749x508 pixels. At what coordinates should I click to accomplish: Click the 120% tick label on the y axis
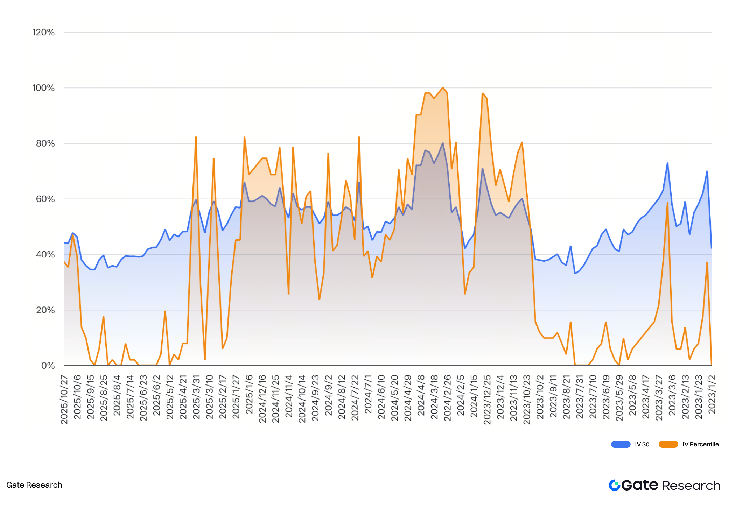point(43,33)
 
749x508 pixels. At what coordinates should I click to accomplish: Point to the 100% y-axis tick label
point(43,88)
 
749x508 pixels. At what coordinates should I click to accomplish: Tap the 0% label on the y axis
point(48,366)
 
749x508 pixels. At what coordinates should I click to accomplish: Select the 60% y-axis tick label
point(45,199)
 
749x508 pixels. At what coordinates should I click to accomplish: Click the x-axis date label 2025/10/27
point(64,399)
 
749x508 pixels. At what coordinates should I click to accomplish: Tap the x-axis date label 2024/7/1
point(368,394)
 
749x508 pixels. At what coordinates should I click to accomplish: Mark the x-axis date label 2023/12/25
point(487,399)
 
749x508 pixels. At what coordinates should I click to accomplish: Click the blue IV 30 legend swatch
point(621,444)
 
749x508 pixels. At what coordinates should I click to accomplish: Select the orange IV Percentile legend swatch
point(668,444)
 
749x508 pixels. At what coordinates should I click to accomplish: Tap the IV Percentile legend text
point(700,444)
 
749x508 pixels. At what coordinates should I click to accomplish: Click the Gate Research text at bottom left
point(34,485)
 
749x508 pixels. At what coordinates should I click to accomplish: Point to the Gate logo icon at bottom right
point(614,485)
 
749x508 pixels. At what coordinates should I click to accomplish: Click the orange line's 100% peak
point(443,88)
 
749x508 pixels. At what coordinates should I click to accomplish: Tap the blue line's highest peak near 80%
point(443,143)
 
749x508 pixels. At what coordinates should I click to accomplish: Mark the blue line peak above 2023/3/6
point(667,163)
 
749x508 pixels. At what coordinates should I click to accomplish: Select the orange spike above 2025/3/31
point(196,137)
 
